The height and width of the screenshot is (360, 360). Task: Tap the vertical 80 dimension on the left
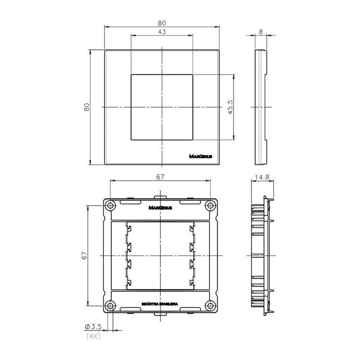(x=87, y=107)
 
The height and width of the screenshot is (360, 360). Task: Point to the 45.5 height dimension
(x=229, y=107)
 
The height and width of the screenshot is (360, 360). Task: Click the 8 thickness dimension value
(x=261, y=32)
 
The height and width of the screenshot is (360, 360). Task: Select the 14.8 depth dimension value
(x=261, y=177)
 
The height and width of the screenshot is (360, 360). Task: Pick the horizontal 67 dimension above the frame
(x=160, y=177)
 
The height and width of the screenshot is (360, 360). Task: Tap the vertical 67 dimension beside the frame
(x=84, y=256)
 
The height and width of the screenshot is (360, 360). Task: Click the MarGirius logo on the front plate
(x=202, y=157)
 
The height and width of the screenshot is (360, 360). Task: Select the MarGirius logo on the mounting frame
(x=160, y=208)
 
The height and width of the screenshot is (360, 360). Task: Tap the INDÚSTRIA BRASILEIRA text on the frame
(x=160, y=305)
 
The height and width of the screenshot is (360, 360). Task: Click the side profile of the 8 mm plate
(x=261, y=107)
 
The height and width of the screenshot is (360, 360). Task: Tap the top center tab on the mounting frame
(x=160, y=197)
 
